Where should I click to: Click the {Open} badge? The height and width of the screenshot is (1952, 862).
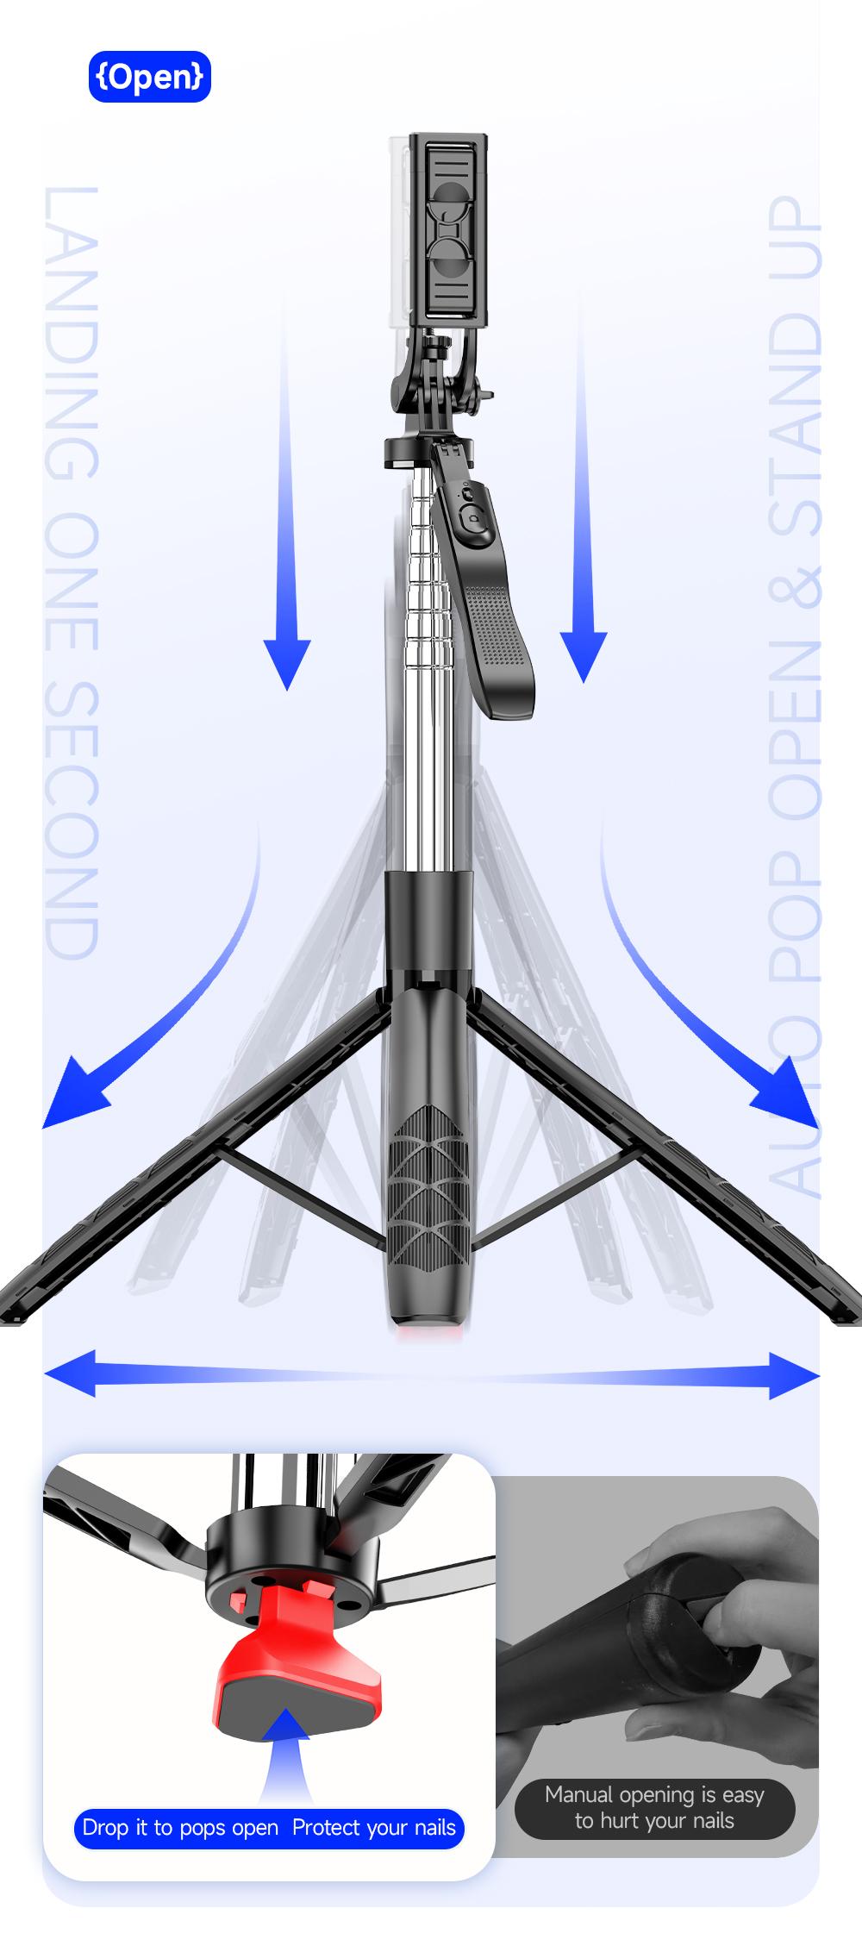[149, 77]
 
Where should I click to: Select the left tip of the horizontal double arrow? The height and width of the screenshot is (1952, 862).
[48, 1373]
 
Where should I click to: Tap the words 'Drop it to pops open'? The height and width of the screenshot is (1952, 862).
[180, 1827]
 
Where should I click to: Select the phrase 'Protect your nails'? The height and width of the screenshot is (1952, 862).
[373, 1827]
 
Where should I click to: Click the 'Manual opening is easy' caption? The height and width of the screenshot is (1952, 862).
[654, 1794]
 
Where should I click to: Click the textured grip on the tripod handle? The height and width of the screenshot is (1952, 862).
[428, 1182]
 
